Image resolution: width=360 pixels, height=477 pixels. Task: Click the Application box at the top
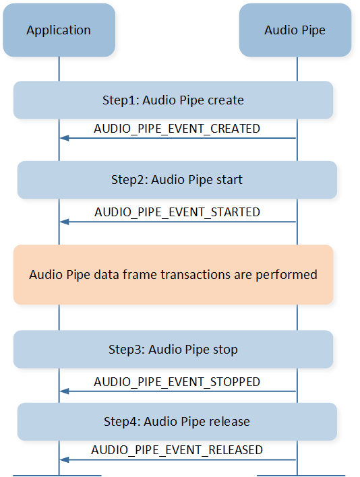tap(59, 30)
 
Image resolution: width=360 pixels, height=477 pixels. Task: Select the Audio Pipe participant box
tap(295, 30)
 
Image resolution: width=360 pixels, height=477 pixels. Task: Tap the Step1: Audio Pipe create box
tap(173, 100)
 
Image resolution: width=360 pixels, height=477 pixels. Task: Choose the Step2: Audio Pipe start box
tap(177, 180)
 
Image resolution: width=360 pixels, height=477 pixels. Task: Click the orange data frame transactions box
tap(173, 275)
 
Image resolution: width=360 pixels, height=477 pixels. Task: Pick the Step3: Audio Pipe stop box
tap(173, 349)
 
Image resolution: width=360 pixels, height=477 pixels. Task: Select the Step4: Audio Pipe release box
tap(177, 422)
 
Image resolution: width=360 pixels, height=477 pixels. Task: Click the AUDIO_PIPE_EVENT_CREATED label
tap(177, 129)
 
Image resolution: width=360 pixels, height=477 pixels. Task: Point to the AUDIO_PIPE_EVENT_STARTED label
tap(177, 212)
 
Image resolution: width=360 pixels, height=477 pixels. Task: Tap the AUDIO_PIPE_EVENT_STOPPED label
tap(177, 382)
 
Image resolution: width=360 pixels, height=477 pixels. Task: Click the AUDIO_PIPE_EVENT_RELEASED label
tap(177, 450)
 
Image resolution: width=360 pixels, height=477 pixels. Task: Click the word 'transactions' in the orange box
tap(196, 275)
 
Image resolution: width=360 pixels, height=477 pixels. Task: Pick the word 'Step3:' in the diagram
tap(127, 350)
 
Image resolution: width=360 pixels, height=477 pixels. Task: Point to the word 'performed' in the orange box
tap(287, 275)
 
